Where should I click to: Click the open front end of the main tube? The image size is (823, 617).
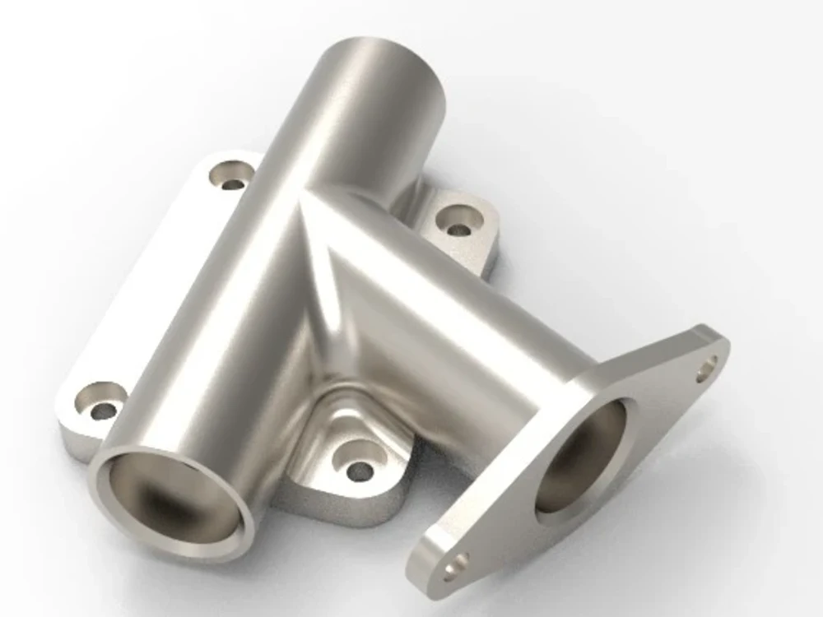pos(173,494)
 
